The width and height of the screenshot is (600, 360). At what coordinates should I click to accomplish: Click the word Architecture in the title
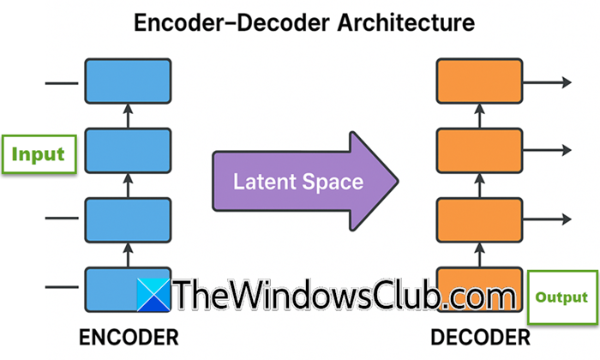click(x=401, y=23)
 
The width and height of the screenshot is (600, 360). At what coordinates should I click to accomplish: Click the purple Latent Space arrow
click(x=303, y=182)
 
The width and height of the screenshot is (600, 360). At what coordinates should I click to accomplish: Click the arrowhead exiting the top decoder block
click(x=567, y=82)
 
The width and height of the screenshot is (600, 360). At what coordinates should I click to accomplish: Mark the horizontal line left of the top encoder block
click(x=60, y=83)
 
